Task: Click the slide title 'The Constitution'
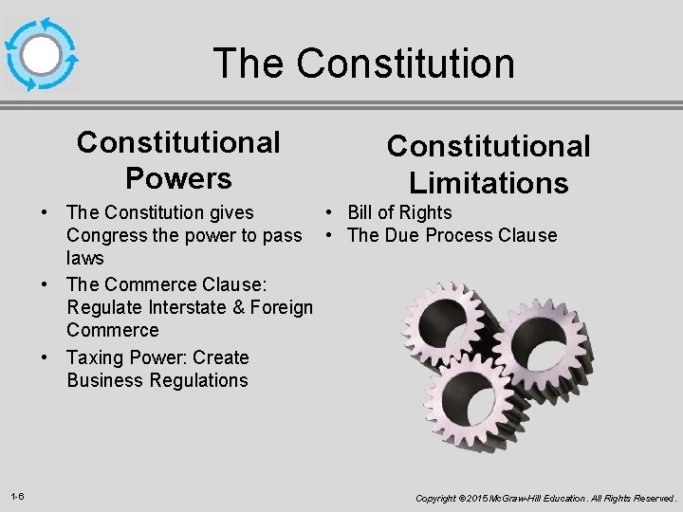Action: (x=364, y=64)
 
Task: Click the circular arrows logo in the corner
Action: (x=41, y=54)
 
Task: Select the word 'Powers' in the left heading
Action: (x=178, y=178)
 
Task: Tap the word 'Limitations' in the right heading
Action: (x=489, y=182)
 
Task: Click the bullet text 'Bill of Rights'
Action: (x=399, y=212)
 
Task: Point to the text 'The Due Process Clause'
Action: (x=452, y=235)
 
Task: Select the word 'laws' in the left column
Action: (x=85, y=258)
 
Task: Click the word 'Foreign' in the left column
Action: (x=280, y=307)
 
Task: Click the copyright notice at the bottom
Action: (x=545, y=498)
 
